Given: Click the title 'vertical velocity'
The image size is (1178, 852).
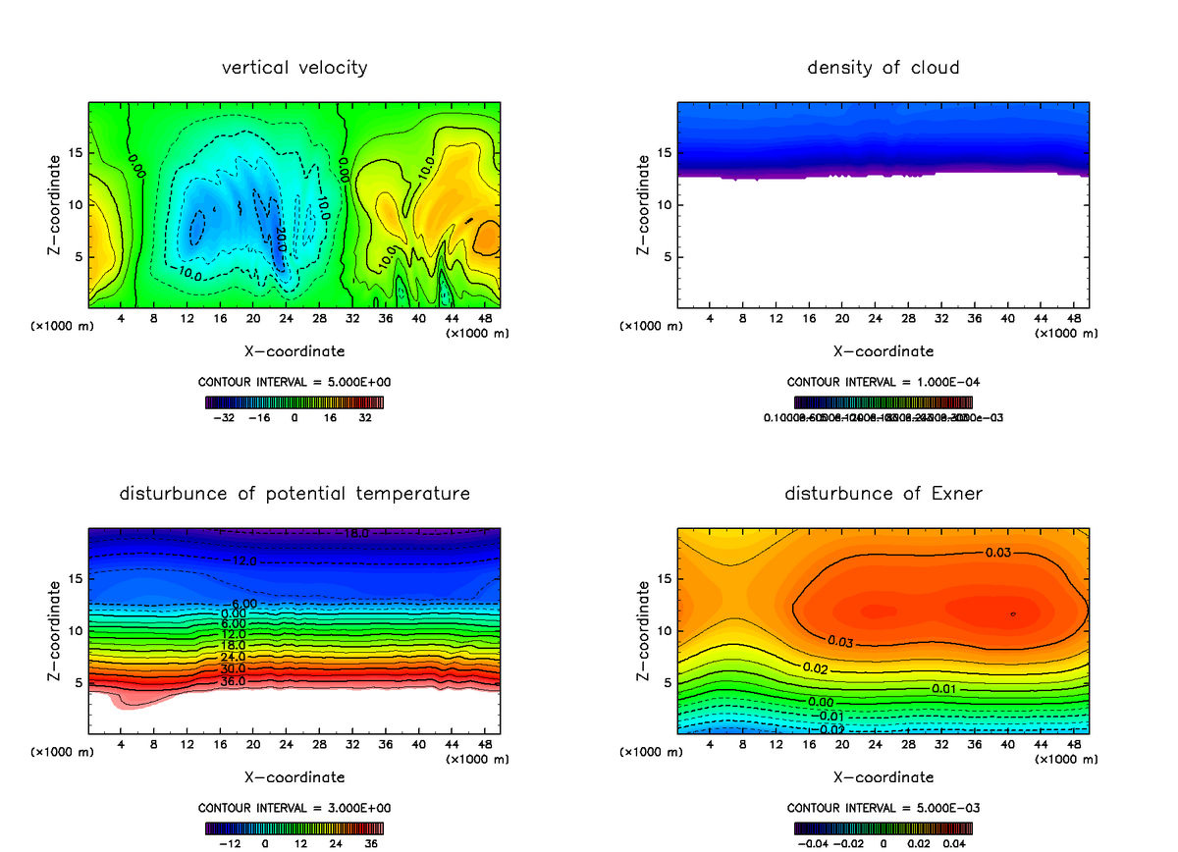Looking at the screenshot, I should pyautogui.click(x=294, y=68).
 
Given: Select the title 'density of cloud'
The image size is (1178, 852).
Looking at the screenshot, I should pyautogui.click(x=883, y=68).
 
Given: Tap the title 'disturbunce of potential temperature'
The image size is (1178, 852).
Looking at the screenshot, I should pyautogui.click(x=294, y=493).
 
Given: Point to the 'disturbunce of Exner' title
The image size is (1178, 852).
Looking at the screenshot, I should pyautogui.click(x=883, y=493).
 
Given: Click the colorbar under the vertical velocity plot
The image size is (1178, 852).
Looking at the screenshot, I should pyautogui.click(x=294, y=401).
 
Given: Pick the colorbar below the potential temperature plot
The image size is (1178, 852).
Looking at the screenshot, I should pyautogui.click(x=294, y=827).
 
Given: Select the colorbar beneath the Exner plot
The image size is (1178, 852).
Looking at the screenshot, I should pyautogui.click(x=883, y=827).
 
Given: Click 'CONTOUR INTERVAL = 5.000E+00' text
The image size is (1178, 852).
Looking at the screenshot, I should pyautogui.click(x=294, y=382).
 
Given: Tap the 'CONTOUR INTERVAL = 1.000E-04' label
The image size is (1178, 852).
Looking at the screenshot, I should pyautogui.click(x=883, y=382).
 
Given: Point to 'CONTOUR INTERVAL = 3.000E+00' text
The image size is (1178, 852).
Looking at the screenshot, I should pyautogui.click(x=294, y=808).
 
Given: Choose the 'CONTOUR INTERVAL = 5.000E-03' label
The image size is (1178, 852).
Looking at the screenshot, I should pyautogui.click(x=883, y=808).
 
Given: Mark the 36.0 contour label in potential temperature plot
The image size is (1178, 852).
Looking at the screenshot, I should pyautogui.click(x=233, y=681).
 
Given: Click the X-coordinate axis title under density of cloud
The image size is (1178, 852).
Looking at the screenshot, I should pyautogui.click(x=883, y=350).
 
